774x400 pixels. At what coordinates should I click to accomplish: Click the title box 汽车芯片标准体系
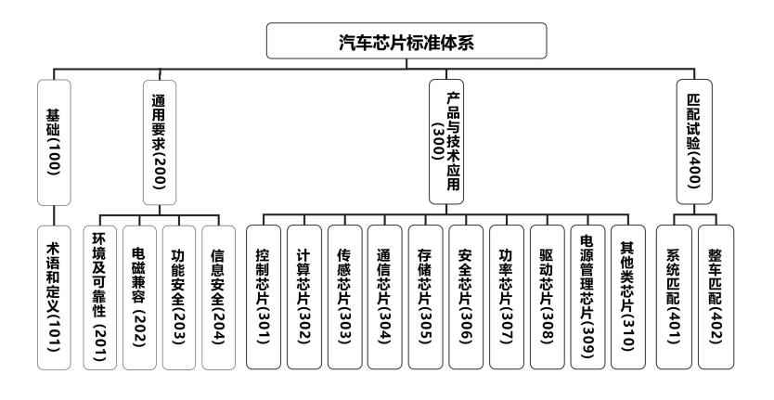(x=386, y=42)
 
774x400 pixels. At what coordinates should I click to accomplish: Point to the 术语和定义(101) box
(x=54, y=297)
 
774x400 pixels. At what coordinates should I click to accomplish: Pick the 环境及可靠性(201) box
(x=101, y=297)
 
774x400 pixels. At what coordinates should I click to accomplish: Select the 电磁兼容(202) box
(x=141, y=297)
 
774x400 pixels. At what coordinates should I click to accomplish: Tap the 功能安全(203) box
(x=181, y=297)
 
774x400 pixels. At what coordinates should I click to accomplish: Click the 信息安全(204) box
(x=221, y=297)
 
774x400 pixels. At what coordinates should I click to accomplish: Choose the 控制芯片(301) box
(x=264, y=297)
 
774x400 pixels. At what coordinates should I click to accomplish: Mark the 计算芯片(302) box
(x=305, y=297)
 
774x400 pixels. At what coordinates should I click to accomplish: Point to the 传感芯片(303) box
(x=345, y=297)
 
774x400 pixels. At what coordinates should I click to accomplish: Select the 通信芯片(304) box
(x=386, y=297)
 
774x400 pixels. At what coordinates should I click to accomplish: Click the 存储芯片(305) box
(x=426, y=297)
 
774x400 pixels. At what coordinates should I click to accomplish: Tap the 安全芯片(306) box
(x=467, y=297)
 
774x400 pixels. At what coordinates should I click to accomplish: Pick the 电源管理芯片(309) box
(x=587, y=297)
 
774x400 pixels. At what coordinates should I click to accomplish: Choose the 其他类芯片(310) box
(x=628, y=297)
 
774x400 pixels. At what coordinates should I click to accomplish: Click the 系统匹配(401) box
(x=675, y=297)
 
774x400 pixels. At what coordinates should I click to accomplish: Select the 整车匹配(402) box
(x=716, y=297)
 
